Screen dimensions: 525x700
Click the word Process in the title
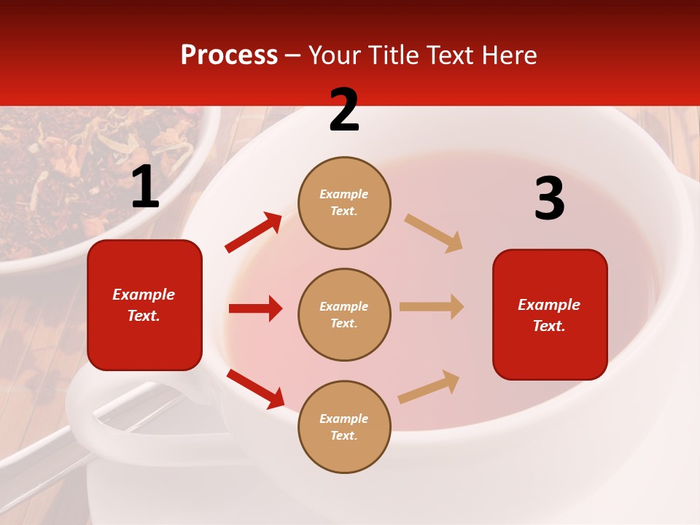229,55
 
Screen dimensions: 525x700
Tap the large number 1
145,187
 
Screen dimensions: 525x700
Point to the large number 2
344,110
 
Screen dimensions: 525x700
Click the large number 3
549,199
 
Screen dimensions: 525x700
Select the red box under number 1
144,305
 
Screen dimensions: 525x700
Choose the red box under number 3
550,314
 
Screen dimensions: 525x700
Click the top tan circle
344,203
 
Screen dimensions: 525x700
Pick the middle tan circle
344,314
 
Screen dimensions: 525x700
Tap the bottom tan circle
344,427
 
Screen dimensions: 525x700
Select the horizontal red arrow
256,308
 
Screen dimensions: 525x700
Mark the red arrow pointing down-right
255,389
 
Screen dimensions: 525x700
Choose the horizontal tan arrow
432,307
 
